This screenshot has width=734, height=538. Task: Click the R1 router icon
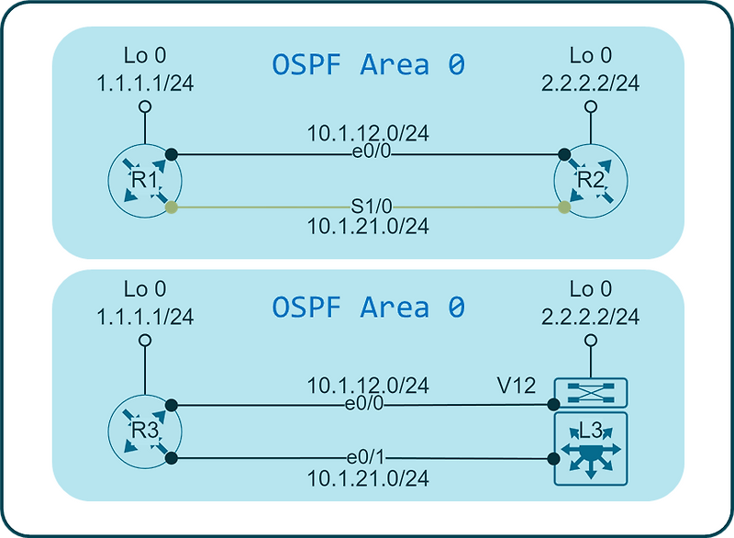click(145, 181)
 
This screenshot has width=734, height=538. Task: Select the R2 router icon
click(591, 181)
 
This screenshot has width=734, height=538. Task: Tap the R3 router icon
click(145, 432)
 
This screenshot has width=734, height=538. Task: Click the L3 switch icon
click(591, 449)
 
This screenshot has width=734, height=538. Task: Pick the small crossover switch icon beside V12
click(591, 392)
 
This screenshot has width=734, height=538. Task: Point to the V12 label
click(517, 386)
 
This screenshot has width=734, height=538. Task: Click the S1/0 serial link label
click(372, 206)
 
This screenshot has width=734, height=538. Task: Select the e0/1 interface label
click(365, 457)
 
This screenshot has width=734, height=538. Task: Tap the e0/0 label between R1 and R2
click(372, 151)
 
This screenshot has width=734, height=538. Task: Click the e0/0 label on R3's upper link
click(364, 403)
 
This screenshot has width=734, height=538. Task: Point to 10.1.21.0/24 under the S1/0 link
click(368, 227)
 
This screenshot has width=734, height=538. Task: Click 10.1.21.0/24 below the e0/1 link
click(368, 478)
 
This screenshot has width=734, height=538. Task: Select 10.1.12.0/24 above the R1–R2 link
click(368, 133)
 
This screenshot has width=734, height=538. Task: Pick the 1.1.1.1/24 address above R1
click(145, 84)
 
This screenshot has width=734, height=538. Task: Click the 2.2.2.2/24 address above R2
click(591, 84)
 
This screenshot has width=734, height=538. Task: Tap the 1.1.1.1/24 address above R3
click(145, 317)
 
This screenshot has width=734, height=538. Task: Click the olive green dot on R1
click(172, 207)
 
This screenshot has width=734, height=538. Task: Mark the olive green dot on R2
click(564, 207)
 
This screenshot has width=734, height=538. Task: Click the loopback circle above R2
click(591, 106)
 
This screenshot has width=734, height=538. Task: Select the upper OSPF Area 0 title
click(369, 64)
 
